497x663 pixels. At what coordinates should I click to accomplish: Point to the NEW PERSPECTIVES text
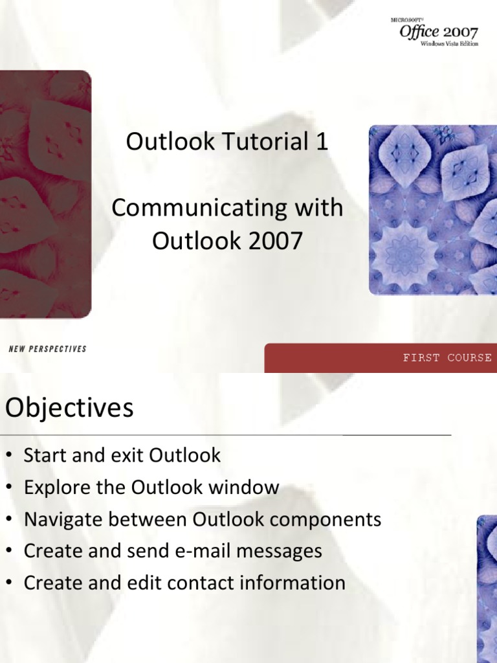coord(47,349)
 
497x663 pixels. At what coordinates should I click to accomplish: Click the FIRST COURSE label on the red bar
coord(447,357)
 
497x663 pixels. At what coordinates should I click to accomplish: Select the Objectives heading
coord(69,408)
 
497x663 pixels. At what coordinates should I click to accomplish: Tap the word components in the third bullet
coord(325,519)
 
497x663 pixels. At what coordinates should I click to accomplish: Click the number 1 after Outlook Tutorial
coord(321,142)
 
